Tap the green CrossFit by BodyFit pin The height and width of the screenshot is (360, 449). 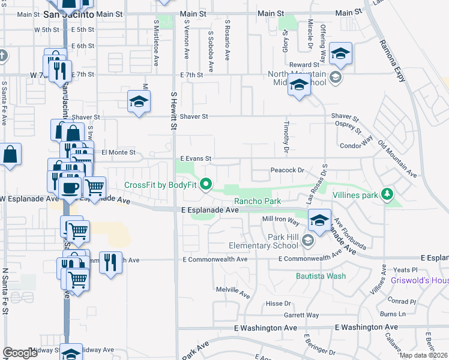[x=206, y=184]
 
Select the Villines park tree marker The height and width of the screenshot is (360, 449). [x=387, y=193]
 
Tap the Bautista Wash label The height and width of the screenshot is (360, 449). [x=321, y=276]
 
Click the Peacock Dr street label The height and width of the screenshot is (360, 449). [x=288, y=170]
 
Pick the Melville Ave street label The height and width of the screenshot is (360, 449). [x=233, y=292]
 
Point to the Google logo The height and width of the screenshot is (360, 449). [x=20, y=352]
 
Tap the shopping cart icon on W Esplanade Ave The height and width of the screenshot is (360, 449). [x=95, y=187]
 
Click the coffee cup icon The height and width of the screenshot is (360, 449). [x=70, y=187]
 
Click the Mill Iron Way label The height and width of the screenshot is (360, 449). [x=280, y=221]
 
